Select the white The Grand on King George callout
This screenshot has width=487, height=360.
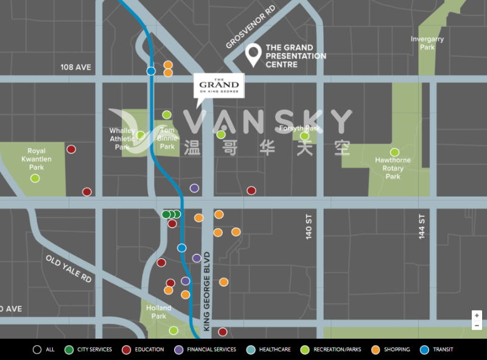pyautogui.click(x=219, y=85)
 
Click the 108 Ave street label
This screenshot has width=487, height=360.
pyautogui.click(x=75, y=67)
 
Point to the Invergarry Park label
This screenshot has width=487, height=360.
pyautogui.click(x=427, y=43)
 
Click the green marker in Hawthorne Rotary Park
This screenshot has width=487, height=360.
pyautogui.click(x=394, y=152)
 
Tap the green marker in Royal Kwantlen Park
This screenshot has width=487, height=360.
pyautogui.click(x=35, y=178)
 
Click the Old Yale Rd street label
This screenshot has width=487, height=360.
pyautogui.click(x=68, y=269)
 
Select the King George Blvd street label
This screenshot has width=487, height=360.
pyautogui.click(x=206, y=291)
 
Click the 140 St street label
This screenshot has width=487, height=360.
pyautogui.click(x=309, y=226)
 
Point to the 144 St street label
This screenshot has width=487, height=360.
pyautogui.click(x=421, y=226)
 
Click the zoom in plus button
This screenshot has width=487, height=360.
pyautogui.click(x=477, y=316)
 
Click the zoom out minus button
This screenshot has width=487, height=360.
pyautogui.click(x=477, y=326)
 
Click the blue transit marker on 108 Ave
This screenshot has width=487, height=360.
pyautogui.click(x=151, y=71)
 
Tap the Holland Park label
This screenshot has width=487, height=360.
pyautogui.click(x=159, y=312)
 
